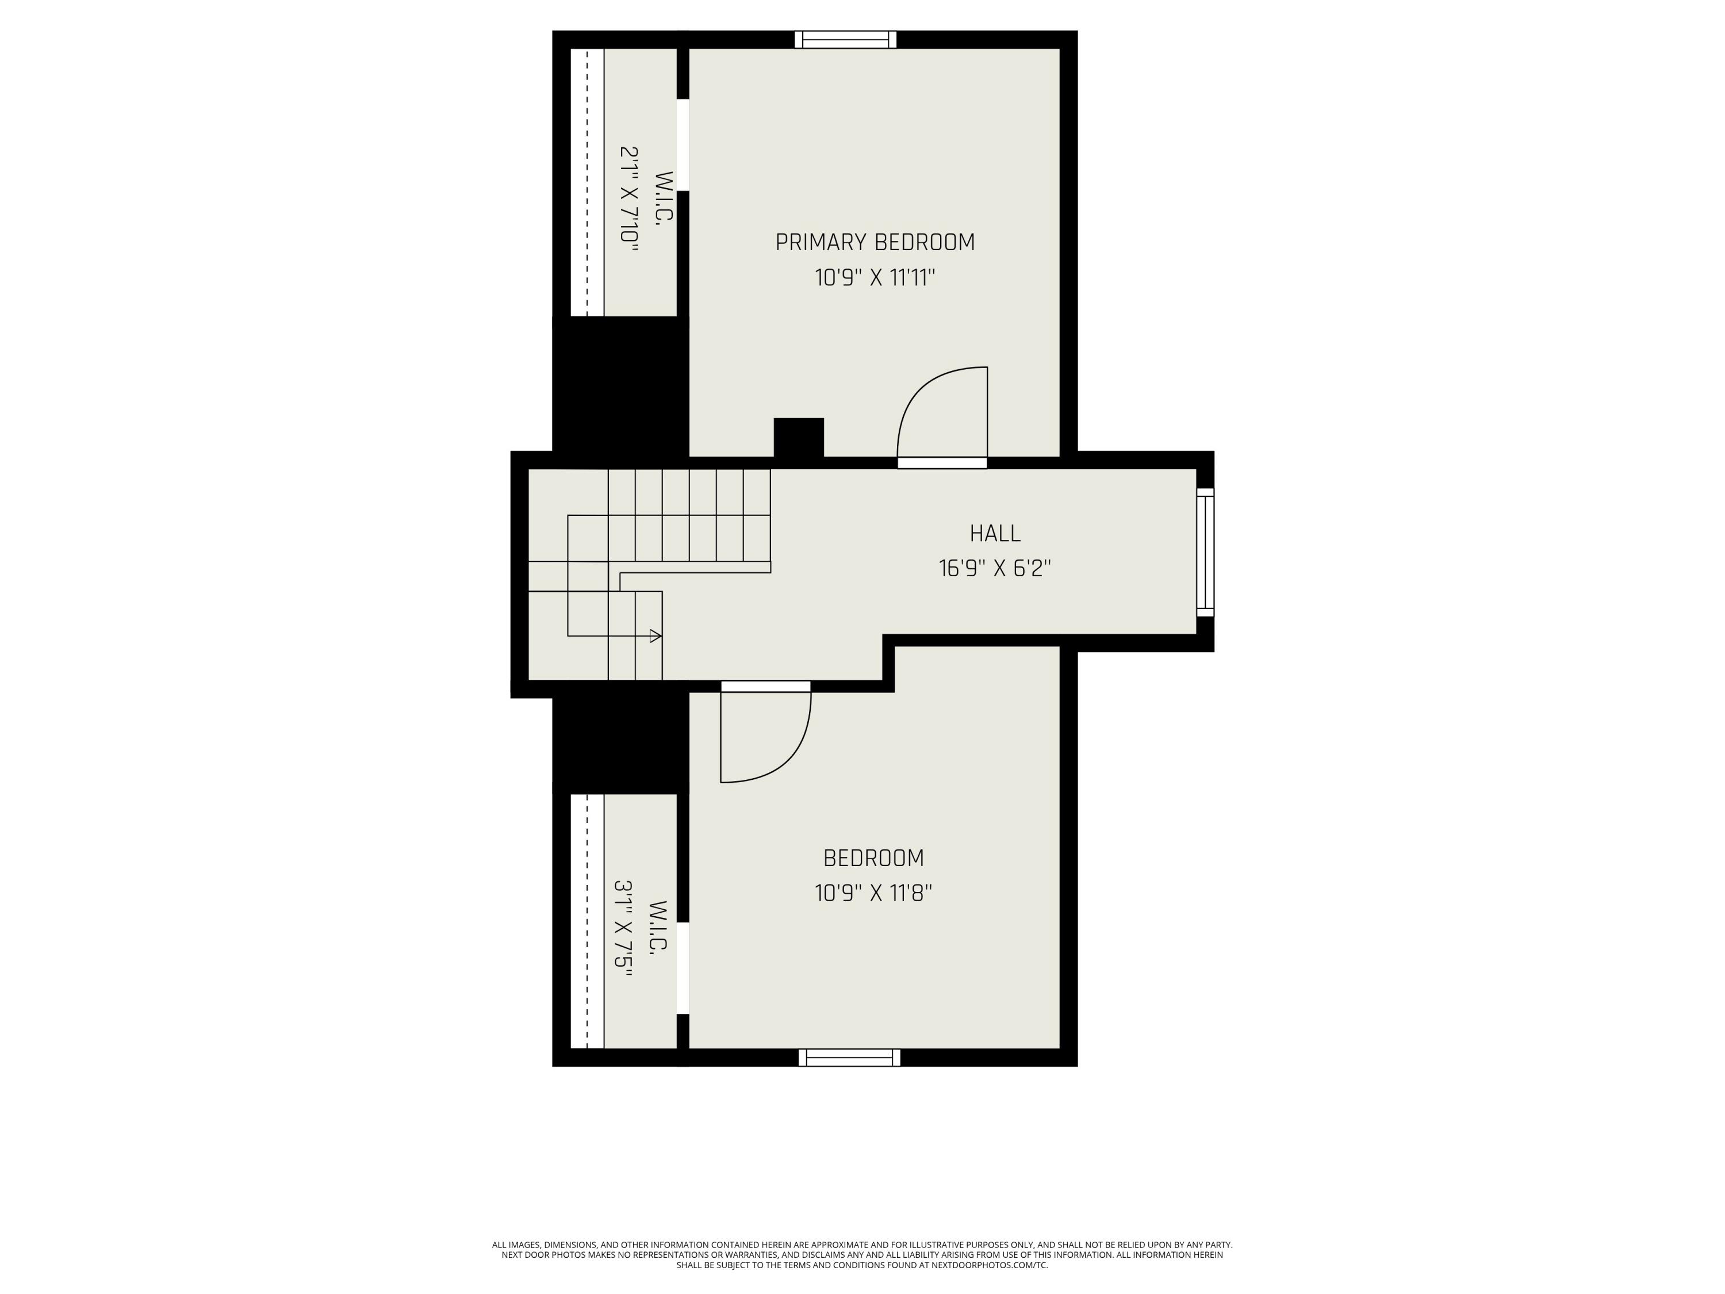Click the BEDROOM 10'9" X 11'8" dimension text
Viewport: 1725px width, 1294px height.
pyautogui.click(x=873, y=893)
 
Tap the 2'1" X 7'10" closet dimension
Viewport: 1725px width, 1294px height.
pyautogui.click(x=629, y=199)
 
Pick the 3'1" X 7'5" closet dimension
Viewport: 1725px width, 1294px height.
pyautogui.click(x=623, y=935)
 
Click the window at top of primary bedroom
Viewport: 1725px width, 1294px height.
pyautogui.click(x=845, y=40)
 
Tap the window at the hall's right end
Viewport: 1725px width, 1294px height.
pyautogui.click(x=1205, y=552)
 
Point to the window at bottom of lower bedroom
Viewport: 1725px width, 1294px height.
pyautogui.click(x=849, y=1058)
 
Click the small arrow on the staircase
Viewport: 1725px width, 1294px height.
pyautogui.click(x=655, y=635)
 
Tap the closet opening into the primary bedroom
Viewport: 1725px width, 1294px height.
pyautogui.click(x=683, y=144)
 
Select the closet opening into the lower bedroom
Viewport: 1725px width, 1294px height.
pyautogui.click(x=683, y=968)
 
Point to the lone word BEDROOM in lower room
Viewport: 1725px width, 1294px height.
pyautogui.click(x=873, y=858)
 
